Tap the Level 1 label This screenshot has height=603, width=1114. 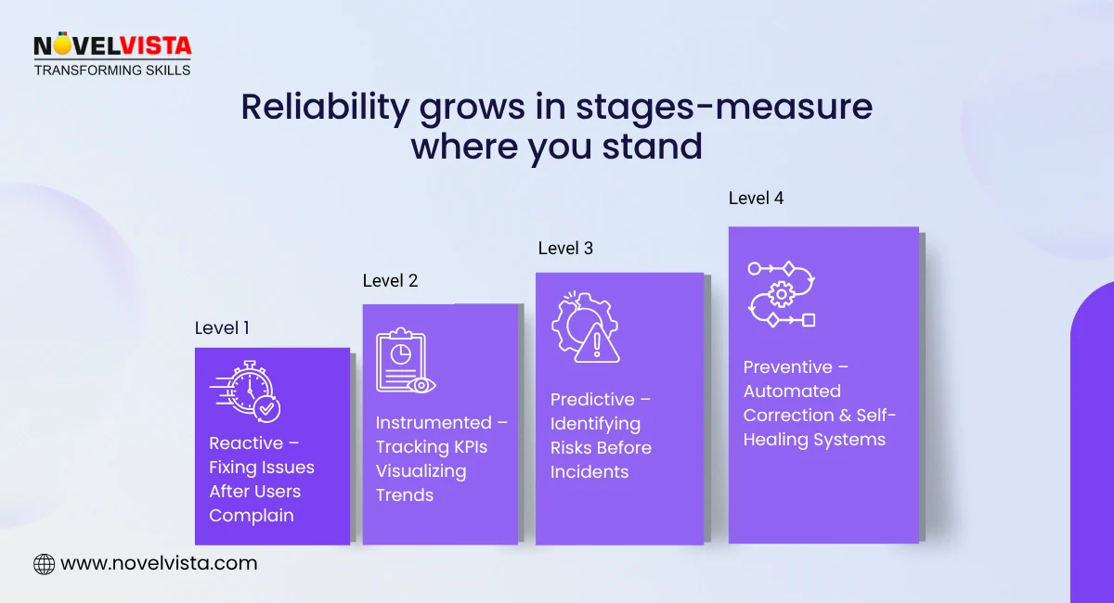tap(222, 327)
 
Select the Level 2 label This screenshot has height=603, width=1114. tap(390, 280)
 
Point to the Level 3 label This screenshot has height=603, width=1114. tap(565, 248)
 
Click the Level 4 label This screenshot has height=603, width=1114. tap(756, 198)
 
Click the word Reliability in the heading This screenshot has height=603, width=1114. tap(325, 109)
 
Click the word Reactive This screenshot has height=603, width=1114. tap(246, 443)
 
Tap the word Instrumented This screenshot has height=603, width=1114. tap(434, 423)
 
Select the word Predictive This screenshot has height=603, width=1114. tap(592, 400)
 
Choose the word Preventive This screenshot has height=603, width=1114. tap(786, 367)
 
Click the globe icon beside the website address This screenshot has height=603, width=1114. tap(44, 563)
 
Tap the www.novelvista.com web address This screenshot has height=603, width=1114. tap(158, 563)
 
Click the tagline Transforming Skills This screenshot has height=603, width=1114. tap(111, 71)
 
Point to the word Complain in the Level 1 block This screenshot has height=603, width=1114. tap(252, 516)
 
